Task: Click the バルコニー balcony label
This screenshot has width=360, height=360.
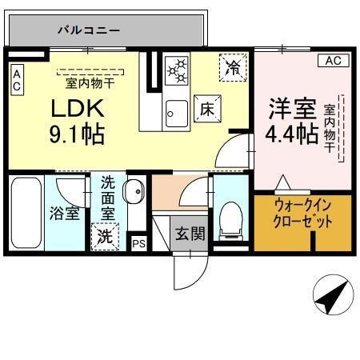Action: [x=88, y=30]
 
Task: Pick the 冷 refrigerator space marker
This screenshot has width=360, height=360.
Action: [x=233, y=68]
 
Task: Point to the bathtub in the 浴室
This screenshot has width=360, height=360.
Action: [x=26, y=212]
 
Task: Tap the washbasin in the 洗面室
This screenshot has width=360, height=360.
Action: [x=134, y=192]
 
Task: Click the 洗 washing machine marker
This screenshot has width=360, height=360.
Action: [x=105, y=237]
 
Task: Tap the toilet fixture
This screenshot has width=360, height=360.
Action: [x=231, y=218]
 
